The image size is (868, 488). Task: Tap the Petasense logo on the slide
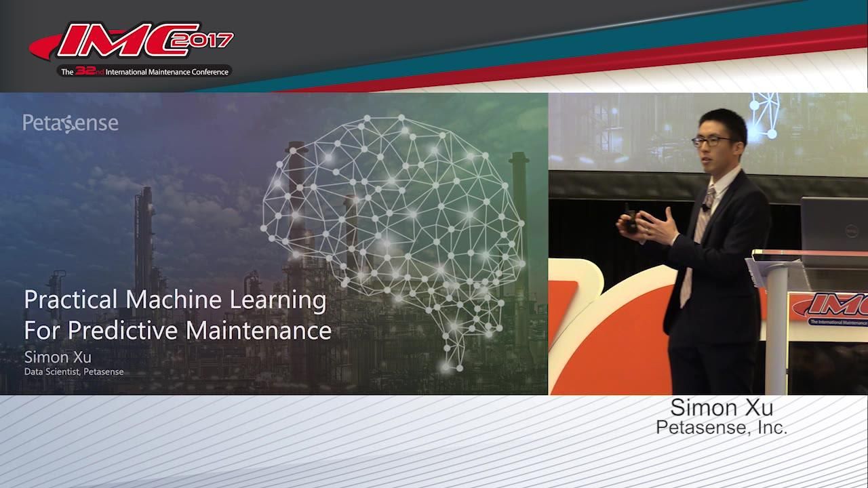tap(71, 123)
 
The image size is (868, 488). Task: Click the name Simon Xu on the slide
tap(58, 357)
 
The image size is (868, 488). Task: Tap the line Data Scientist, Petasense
tap(74, 371)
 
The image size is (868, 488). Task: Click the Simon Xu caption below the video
tap(722, 408)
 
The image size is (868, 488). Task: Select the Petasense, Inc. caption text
tap(722, 428)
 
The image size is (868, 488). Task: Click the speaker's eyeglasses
tap(712, 141)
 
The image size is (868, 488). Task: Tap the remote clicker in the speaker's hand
tap(631, 219)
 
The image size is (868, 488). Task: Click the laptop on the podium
tap(834, 224)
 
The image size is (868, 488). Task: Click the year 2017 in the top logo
tap(208, 41)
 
